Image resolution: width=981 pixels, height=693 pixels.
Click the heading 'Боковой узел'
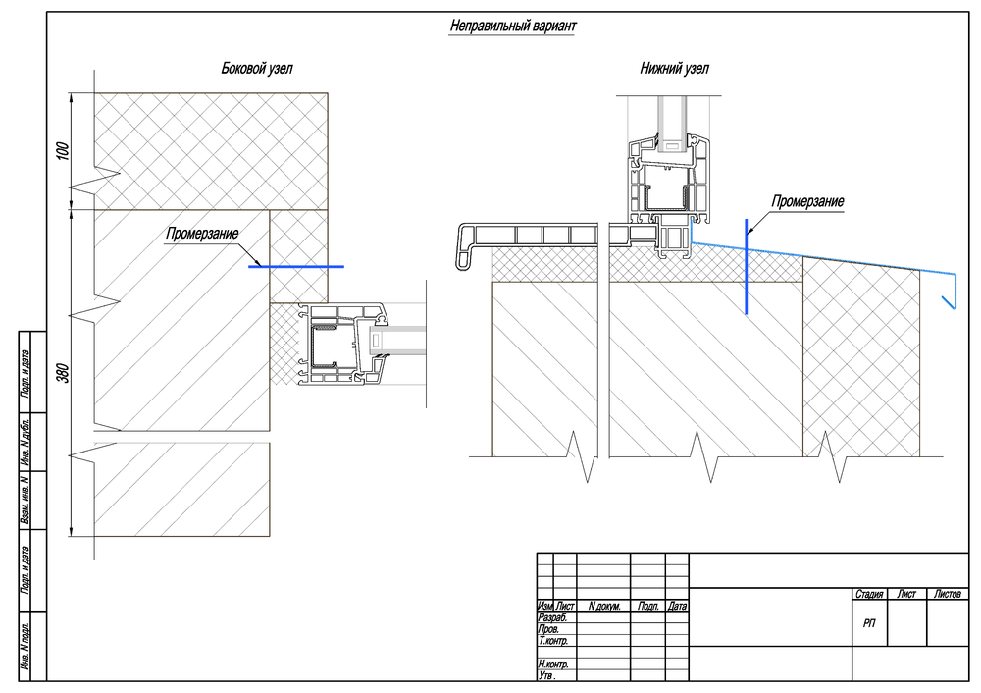coord(257,69)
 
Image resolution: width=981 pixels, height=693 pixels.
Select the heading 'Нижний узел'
coord(674,69)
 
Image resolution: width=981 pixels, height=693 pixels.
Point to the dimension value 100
coord(64,151)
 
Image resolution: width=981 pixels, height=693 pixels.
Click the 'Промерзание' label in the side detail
coord(202,235)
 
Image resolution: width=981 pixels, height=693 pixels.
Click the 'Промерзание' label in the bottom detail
coord(807,202)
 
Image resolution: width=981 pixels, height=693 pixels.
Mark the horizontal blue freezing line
coord(295,266)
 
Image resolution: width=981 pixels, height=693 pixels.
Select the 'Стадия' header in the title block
coord(869,595)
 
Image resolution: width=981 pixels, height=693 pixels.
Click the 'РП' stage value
coord(870,623)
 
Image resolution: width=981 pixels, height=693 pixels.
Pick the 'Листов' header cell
coord(948,595)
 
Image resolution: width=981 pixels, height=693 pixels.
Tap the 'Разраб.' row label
coord(553,617)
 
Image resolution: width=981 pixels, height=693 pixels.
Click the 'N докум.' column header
coord(603,607)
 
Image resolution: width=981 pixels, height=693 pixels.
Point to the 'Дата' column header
coord(677,607)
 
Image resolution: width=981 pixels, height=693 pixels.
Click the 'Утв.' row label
coord(548,676)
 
